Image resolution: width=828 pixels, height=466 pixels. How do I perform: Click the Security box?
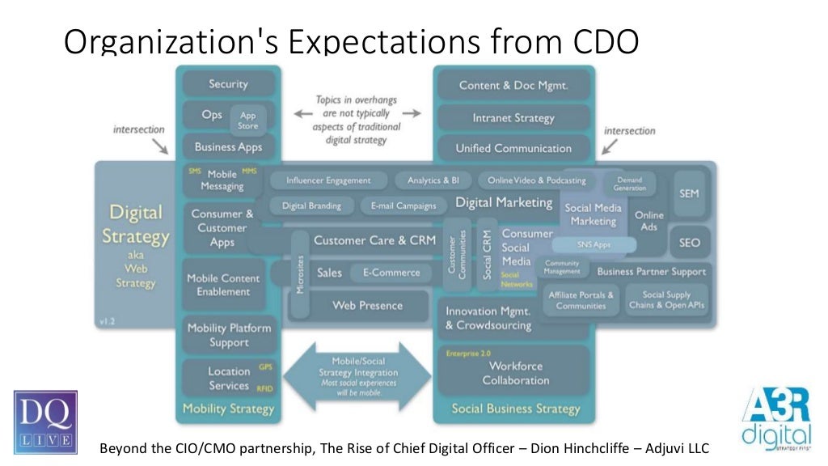coord(228,84)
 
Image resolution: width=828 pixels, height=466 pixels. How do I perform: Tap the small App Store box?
coord(248,121)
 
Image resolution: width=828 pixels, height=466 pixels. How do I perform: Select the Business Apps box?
coord(228,147)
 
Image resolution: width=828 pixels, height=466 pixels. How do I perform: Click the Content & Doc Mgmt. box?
coord(513,85)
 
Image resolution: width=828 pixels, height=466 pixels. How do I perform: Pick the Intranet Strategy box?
coord(513,118)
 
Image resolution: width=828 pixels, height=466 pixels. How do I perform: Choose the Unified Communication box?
coord(513,149)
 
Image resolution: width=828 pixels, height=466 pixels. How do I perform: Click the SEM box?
coord(689,194)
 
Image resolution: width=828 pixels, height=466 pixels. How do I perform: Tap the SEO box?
coord(690,242)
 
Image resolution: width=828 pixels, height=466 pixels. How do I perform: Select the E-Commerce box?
coord(385,273)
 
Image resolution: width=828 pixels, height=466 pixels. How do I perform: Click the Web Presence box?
coord(368,305)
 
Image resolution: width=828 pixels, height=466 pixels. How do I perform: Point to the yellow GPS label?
coord(265,367)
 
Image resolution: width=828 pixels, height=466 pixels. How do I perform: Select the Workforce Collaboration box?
coord(515,373)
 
